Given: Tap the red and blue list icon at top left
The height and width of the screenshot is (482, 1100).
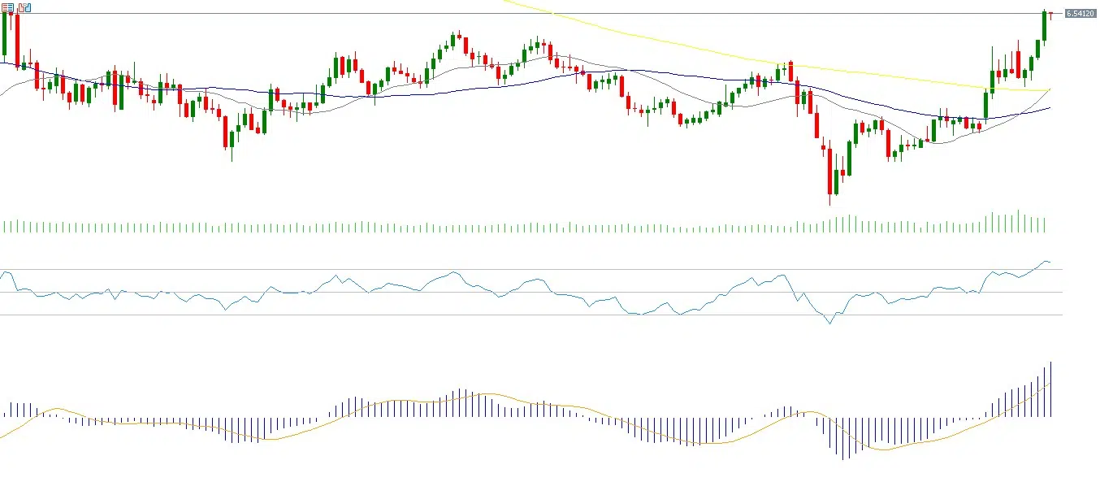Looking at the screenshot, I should click(x=7, y=7).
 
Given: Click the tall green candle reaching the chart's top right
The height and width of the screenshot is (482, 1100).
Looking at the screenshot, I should click(x=1045, y=26).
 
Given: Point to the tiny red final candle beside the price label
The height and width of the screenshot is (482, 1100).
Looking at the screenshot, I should click(x=1051, y=15).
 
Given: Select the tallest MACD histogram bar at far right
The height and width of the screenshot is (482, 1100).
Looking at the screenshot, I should click(x=1051, y=389).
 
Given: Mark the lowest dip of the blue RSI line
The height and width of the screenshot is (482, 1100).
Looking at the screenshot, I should click(x=829, y=324).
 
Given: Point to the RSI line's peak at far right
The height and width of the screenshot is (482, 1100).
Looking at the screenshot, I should click(x=1046, y=261).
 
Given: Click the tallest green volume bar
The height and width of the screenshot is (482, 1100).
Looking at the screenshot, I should click(x=1018, y=221).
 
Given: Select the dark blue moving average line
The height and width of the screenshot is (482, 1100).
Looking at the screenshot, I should click(x=455, y=88).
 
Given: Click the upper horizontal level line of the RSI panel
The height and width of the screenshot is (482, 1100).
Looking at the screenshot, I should click(x=528, y=269).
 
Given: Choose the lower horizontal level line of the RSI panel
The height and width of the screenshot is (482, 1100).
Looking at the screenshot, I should click(x=528, y=315).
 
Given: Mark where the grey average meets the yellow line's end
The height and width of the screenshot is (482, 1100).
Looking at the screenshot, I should click(x=1050, y=89).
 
